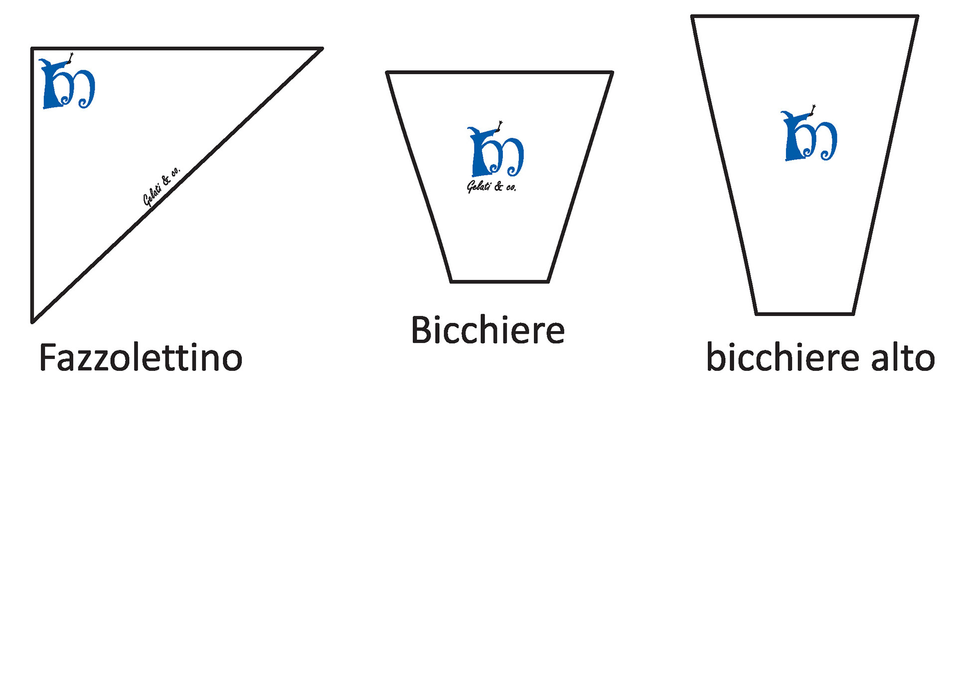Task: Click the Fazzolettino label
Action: pos(141,357)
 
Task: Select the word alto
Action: pos(903,357)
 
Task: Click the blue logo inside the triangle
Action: pos(67,82)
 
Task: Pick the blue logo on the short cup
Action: pos(495,150)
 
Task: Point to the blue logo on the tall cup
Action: pos(808,134)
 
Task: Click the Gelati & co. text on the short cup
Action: pos(491,187)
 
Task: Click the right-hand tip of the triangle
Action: pos(321,49)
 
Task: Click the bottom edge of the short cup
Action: pos(499,282)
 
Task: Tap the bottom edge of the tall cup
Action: pos(804,314)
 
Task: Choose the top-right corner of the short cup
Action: pos(612,73)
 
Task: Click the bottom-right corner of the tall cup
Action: pos(853,314)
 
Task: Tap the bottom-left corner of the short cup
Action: pos(451,281)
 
